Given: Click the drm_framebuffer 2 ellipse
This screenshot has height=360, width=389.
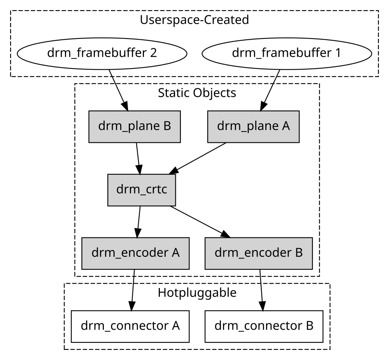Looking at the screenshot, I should (102, 53).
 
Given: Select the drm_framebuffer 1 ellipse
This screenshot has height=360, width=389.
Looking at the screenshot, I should (286, 53).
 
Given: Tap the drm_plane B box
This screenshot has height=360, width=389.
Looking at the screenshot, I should (135, 126).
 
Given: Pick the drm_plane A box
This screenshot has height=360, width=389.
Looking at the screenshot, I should (253, 126).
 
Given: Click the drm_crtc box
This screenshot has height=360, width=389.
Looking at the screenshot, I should (142, 190).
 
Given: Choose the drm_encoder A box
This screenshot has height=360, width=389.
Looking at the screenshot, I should (135, 253).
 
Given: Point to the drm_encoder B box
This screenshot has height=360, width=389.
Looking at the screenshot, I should (259, 253).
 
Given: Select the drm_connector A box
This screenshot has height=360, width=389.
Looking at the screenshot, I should (130, 326).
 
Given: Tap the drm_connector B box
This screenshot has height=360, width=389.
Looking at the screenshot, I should (264, 326).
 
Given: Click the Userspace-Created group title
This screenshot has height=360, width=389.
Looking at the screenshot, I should (194, 20).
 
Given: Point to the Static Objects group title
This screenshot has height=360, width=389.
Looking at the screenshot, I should (197, 93).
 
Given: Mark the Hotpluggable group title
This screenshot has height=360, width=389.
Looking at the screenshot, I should (197, 292).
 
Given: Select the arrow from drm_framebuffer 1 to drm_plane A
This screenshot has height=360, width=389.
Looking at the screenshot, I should (270, 90).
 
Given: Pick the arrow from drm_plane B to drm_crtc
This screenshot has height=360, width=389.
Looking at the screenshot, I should (138, 158).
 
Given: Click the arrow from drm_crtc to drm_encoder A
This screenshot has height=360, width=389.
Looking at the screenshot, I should (138, 221).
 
